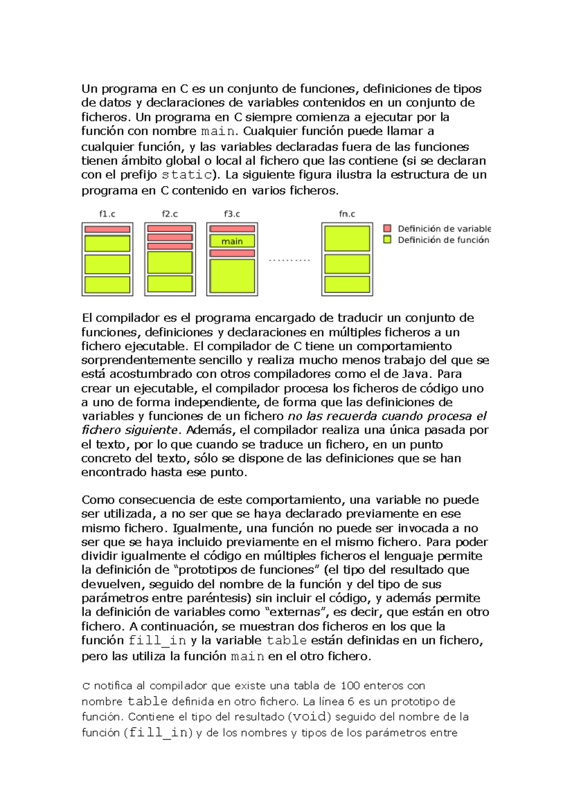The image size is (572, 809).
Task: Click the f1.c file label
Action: (107, 214)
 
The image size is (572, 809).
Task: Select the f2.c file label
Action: (170, 214)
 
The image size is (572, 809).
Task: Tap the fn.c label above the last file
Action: (347, 214)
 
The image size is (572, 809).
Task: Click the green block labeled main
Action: (232, 241)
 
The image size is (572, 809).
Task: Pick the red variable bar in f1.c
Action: (107, 229)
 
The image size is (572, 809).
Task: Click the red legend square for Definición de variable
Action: (388, 228)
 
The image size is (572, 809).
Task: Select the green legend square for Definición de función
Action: (388, 240)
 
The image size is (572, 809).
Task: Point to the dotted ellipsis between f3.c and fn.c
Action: (289, 260)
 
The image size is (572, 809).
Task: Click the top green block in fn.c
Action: (347, 238)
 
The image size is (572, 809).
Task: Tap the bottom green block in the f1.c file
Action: (107, 284)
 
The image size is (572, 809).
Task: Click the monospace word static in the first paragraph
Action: (186, 175)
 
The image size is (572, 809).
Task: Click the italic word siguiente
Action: (152, 430)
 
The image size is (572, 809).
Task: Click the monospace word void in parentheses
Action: (311, 717)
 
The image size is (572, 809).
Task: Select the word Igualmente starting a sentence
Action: (208, 528)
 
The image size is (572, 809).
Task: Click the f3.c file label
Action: (232, 214)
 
